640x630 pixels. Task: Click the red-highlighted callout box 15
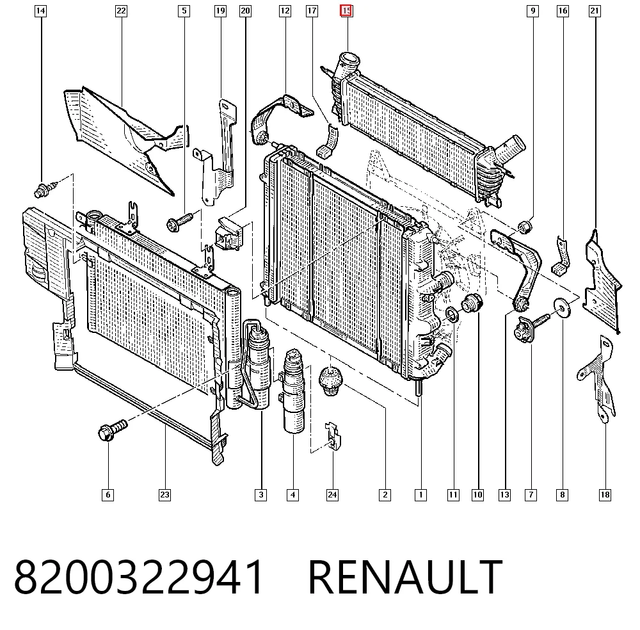(346, 11)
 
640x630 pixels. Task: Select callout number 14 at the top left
(40, 11)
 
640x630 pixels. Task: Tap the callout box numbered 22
(121, 11)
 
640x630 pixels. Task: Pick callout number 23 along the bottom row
(164, 495)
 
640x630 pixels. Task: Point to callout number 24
(332, 495)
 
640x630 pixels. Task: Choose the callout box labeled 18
(605, 495)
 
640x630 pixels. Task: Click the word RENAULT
(405, 577)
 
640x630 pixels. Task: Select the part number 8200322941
(138, 577)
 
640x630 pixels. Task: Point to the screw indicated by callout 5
(179, 222)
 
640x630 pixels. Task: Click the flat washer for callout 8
(562, 308)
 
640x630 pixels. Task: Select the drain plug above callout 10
(472, 303)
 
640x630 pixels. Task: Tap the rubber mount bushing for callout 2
(331, 381)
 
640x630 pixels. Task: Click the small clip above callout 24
(333, 436)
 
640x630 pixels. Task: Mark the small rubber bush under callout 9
(525, 226)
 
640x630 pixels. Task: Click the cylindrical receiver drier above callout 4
(294, 391)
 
